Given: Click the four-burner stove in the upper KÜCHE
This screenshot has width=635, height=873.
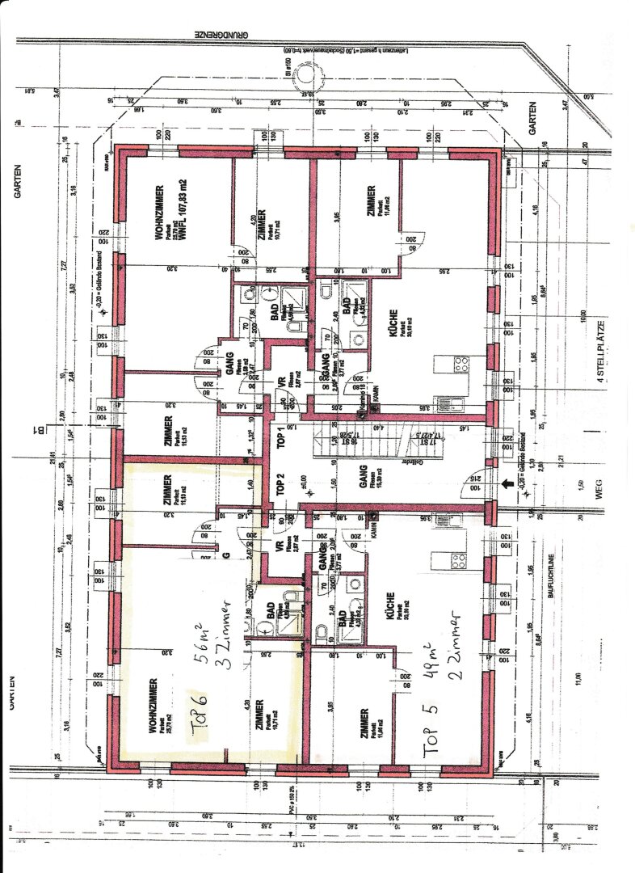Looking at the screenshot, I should (x=461, y=364).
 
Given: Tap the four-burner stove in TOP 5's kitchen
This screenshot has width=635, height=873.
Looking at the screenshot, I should (x=459, y=560).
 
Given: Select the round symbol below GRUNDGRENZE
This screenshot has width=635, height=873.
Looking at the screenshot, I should (x=306, y=77).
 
